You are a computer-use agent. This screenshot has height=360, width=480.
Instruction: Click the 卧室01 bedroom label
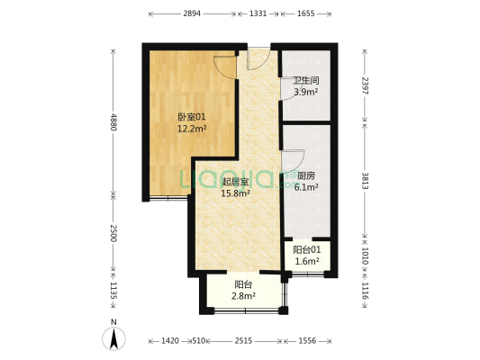point(191,116)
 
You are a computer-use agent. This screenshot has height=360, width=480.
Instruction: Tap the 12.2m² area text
point(191,128)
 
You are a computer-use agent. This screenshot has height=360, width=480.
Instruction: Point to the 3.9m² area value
point(304,92)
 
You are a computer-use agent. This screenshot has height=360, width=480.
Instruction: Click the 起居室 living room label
point(236,181)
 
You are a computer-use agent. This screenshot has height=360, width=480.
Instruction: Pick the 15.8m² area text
point(236,192)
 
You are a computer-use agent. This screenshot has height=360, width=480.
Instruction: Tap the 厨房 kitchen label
point(306,176)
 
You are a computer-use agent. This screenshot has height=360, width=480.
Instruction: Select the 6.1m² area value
point(306,187)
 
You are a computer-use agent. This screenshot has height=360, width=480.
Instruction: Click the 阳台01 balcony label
point(306,249)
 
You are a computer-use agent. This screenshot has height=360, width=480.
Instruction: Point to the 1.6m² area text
point(306,261)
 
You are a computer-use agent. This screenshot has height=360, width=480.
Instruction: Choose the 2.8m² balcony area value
point(244,295)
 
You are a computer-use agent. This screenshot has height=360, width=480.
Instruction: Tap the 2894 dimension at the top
point(192,14)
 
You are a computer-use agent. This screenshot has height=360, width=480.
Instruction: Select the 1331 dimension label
point(258,14)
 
